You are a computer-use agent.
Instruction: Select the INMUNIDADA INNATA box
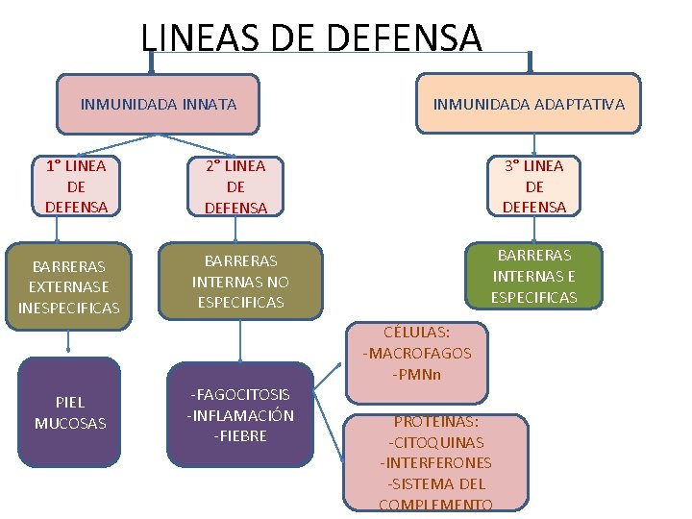click(x=158, y=104)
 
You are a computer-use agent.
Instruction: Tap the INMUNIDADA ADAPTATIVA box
click(x=529, y=104)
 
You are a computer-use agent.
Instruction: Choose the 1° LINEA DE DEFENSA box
click(x=76, y=185)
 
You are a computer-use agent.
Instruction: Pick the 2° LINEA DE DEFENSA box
click(x=235, y=186)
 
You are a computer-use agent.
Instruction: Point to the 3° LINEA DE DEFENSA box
click(x=534, y=185)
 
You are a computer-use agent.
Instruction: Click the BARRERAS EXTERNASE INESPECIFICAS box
click(x=68, y=286)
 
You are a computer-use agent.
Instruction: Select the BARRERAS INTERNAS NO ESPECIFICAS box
click(x=239, y=281)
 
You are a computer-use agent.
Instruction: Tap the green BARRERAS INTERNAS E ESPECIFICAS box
click(x=534, y=276)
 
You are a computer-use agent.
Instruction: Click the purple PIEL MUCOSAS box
click(x=69, y=412)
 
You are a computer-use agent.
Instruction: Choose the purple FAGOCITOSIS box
click(x=239, y=414)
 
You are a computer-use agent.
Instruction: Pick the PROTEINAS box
click(x=436, y=461)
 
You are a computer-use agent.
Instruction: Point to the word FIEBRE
click(x=240, y=435)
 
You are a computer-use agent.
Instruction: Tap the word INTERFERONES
click(x=435, y=463)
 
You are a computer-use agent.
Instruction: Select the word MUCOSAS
click(x=70, y=423)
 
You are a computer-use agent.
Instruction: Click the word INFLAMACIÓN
click(x=240, y=415)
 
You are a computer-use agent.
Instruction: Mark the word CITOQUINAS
click(x=436, y=442)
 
